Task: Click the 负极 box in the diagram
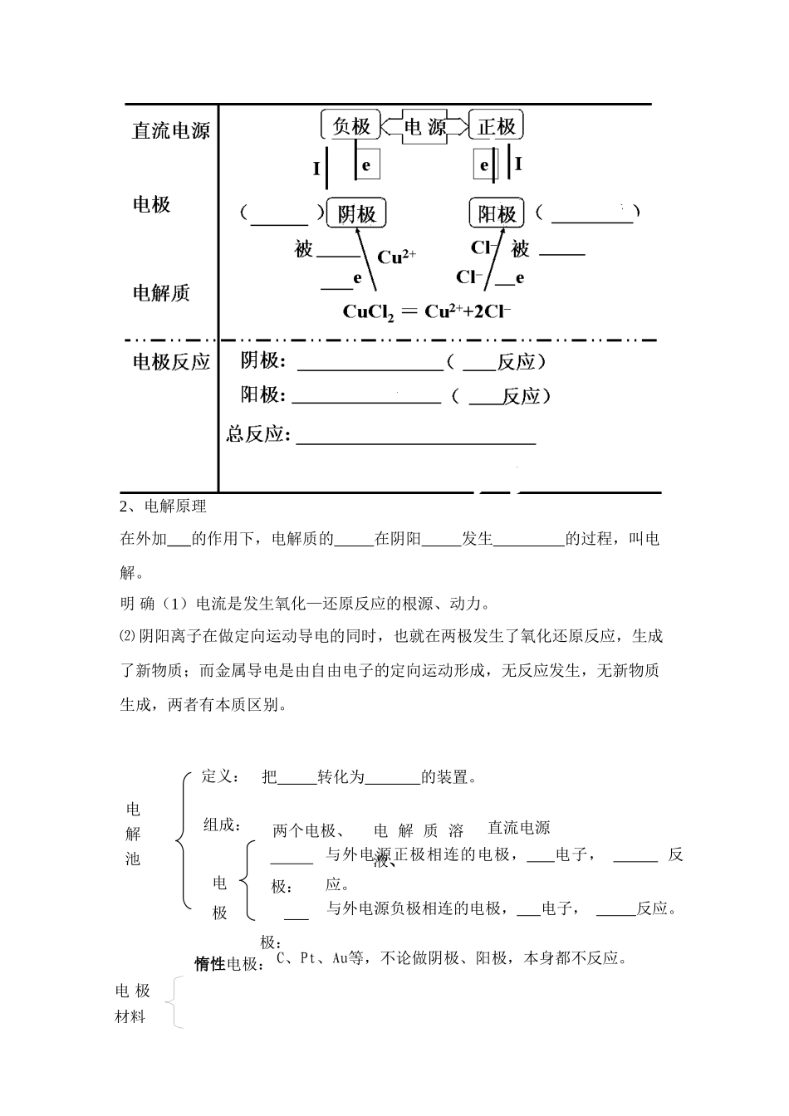pyautogui.click(x=350, y=126)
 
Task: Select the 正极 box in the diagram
pyautogui.click(x=496, y=126)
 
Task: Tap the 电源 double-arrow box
pyautogui.click(x=424, y=127)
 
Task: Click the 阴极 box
pyautogui.click(x=356, y=214)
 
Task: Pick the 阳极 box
pyautogui.click(x=497, y=214)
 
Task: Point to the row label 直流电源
pyautogui.click(x=170, y=131)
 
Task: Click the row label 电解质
pyautogui.click(x=161, y=293)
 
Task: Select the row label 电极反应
pyautogui.click(x=171, y=362)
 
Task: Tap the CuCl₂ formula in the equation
pyautogui.click(x=368, y=313)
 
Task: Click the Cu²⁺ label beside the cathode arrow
pyautogui.click(x=396, y=257)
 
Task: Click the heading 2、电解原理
pyautogui.click(x=164, y=507)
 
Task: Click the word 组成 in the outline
pyautogui.click(x=221, y=825)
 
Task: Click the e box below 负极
pyautogui.click(x=365, y=164)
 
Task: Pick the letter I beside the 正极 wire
pyautogui.click(x=519, y=164)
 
